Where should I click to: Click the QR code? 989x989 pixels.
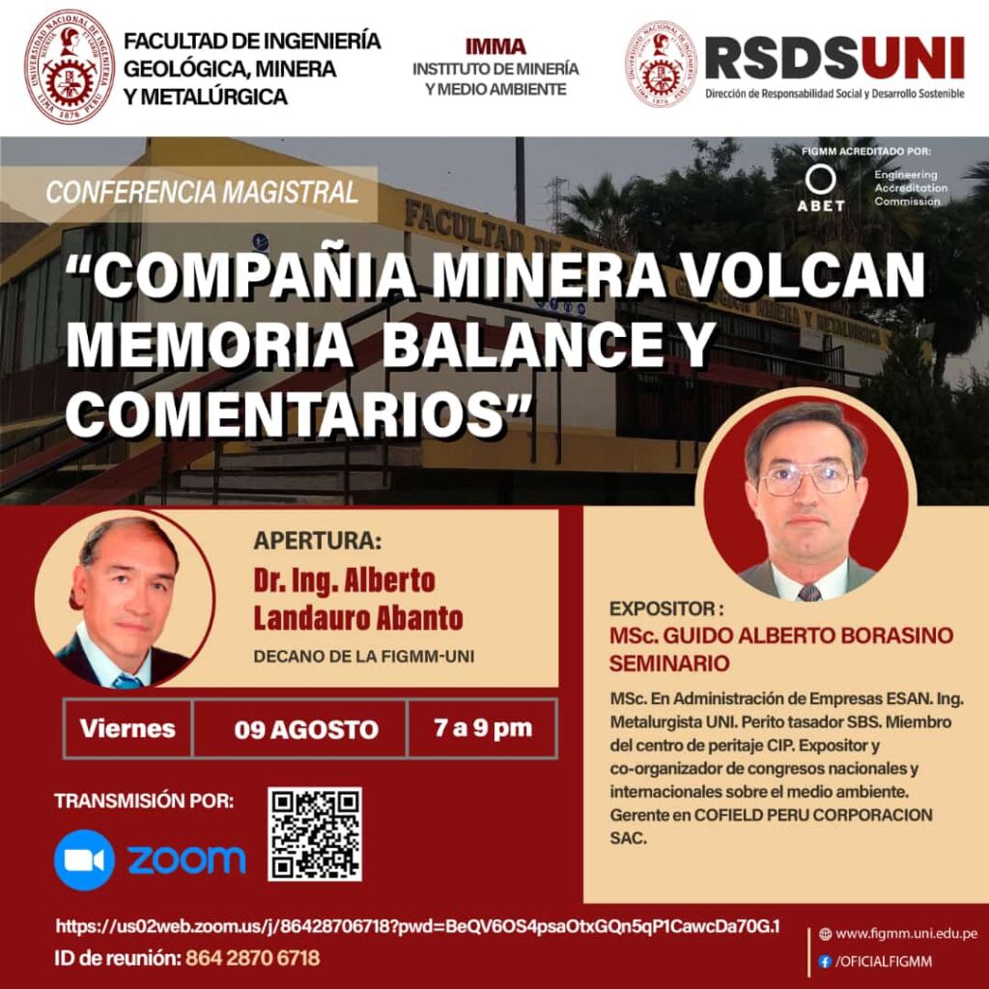(x=315, y=834)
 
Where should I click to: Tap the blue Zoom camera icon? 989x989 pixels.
(x=85, y=860)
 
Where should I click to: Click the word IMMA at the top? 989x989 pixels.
(x=495, y=46)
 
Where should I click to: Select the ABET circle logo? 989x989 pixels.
(x=821, y=180)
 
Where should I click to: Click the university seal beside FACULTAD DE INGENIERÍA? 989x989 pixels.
(x=70, y=67)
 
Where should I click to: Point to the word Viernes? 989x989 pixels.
(x=127, y=728)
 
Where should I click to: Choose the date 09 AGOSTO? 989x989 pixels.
(x=306, y=730)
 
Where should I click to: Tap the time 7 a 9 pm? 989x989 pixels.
(x=483, y=728)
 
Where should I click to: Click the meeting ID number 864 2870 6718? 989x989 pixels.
(x=252, y=958)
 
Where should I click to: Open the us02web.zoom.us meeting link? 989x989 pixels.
(x=417, y=926)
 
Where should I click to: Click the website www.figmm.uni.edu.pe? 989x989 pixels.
(x=906, y=934)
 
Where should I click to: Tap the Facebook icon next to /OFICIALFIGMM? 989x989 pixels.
(x=825, y=962)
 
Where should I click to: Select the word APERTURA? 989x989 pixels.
(x=317, y=541)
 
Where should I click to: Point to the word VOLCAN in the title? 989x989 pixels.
(x=805, y=275)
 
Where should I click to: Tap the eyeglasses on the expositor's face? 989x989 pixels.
(x=805, y=479)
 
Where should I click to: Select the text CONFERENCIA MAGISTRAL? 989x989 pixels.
(x=202, y=192)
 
